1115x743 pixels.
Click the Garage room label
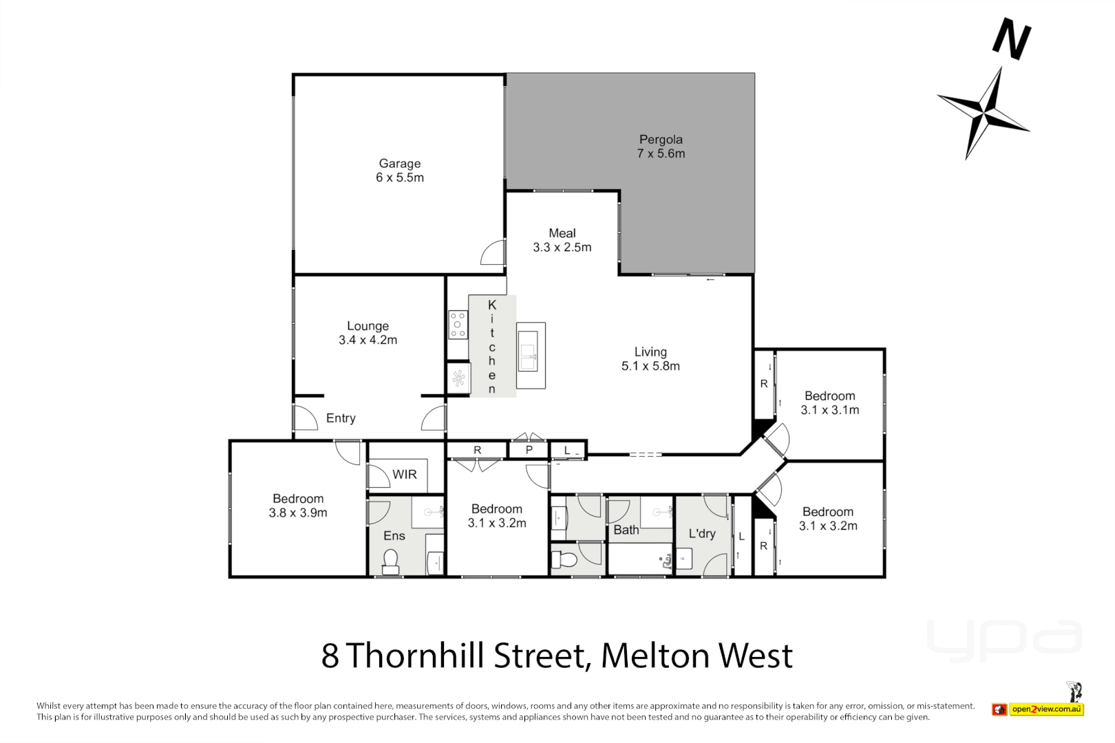click(x=399, y=164)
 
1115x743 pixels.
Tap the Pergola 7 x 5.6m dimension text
click(x=661, y=153)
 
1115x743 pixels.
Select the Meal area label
click(x=562, y=233)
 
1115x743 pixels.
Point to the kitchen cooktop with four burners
click(x=458, y=325)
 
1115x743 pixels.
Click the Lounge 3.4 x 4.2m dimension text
click(x=368, y=340)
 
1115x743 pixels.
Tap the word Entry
click(x=341, y=418)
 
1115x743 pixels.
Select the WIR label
click(x=405, y=474)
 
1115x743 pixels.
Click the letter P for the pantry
click(x=529, y=451)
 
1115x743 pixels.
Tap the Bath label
click(x=626, y=530)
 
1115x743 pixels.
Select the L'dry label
click(x=702, y=533)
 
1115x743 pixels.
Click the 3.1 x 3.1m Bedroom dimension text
click(x=829, y=410)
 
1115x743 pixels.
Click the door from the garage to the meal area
click(x=493, y=252)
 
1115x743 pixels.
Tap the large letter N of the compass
click(x=1012, y=39)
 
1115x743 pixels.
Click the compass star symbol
click(x=986, y=110)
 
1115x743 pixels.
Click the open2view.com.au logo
click(x=1046, y=709)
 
